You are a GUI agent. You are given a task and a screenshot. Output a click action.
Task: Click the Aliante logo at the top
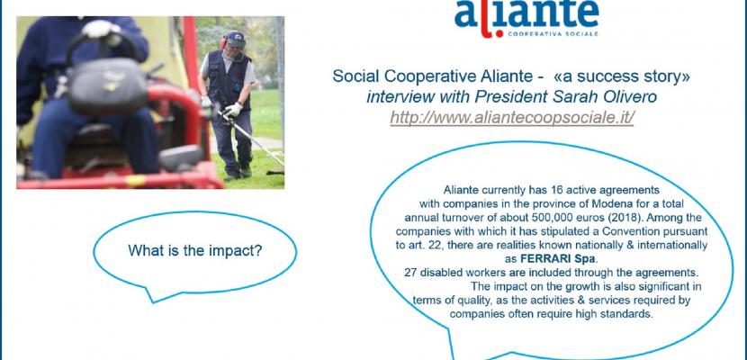[526, 18]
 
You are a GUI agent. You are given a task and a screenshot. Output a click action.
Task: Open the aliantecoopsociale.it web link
[512, 118]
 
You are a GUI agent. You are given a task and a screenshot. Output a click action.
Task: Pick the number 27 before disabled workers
[410, 273]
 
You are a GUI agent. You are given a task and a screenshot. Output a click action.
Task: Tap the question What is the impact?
[195, 250]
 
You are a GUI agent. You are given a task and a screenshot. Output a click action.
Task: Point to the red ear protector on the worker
[222, 43]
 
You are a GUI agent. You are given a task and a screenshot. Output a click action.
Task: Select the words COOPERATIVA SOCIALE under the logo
[553, 34]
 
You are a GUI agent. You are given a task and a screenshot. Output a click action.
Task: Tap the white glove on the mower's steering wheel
[100, 30]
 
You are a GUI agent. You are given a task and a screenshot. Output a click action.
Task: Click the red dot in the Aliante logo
[499, 34]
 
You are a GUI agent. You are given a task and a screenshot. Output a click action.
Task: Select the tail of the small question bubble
[152, 294]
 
